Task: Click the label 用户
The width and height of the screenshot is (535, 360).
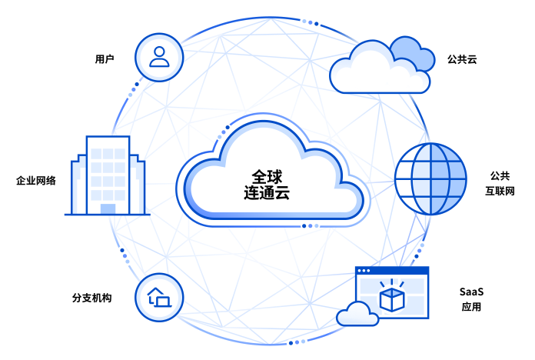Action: [x=105, y=58]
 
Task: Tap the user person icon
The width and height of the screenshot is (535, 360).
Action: [x=159, y=56]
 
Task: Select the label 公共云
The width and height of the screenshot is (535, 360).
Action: [x=461, y=58]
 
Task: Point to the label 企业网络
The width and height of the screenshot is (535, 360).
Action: [x=35, y=182]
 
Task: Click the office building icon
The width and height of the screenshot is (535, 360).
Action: [x=108, y=175]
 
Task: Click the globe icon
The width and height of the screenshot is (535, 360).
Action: [x=430, y=178]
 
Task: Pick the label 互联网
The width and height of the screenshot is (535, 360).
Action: [x=499, y=190]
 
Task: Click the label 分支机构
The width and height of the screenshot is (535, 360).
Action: [x=91, y=297]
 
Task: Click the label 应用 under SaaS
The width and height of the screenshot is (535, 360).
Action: [x=471, y=308]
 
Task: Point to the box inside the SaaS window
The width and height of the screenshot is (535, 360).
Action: [x=393, y=297]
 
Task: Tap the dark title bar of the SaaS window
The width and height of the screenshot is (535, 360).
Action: [x=391, y=271]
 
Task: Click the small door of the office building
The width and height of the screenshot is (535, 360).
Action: [x=108, y=208]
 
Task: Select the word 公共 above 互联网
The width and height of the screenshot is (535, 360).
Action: [x=499, y=175]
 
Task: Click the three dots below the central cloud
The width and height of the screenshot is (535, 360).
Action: [x=310, y=226]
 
